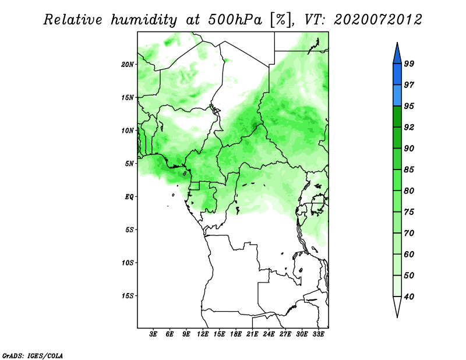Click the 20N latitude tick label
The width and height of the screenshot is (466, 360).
tap(128, 65)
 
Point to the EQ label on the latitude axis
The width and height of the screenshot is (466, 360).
tap(129, 197)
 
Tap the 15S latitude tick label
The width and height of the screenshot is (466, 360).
tap(128, 296)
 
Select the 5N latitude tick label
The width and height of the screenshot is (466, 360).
tap(129, 164)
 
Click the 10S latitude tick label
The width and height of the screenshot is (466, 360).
tap(128, 263)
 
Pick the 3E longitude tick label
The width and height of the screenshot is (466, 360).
tap(153, 334)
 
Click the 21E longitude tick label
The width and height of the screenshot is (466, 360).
tap(252, 334)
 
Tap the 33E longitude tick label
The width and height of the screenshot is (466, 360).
tap(318, 334)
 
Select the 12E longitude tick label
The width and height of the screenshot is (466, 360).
tap(203, 334)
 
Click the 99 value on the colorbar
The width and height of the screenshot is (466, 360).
tap(409, 63)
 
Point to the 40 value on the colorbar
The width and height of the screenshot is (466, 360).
tap(409, 297)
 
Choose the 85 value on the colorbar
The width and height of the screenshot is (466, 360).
tap(409, 170)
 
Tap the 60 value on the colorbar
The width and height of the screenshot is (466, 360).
tap(409, 254)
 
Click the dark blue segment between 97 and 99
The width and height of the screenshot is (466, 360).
tap(397, 75)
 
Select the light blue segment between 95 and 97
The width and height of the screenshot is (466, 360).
tap(397, 96)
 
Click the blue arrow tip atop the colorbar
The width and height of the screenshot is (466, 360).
tap(397, 43)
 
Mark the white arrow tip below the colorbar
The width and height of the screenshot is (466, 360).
tap(397, 317)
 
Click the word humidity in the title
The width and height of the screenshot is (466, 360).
tap(144, 20)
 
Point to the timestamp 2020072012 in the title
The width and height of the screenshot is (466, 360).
tap(377, 20)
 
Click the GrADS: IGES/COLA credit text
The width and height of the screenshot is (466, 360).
tap(33, 355)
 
